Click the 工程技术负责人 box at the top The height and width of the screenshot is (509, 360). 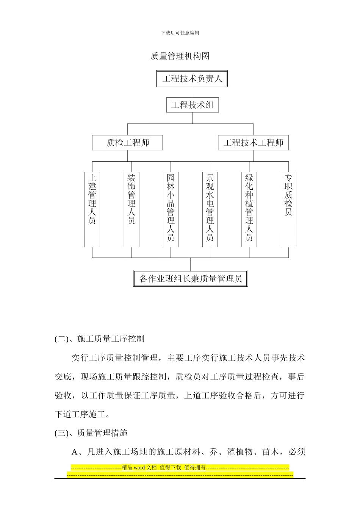(192, 79)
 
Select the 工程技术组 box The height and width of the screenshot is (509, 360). (192, 105)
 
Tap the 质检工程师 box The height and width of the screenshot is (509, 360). (127, 143)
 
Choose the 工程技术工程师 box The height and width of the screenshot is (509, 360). (253, 143)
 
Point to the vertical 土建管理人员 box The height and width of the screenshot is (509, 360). (92, 209)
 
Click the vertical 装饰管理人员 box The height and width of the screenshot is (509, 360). (131, 209)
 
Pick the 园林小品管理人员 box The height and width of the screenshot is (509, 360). (171, 209)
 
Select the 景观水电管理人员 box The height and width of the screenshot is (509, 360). (210, 209)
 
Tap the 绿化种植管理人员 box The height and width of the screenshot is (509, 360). (249, 209)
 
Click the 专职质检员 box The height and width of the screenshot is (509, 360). (288, 209)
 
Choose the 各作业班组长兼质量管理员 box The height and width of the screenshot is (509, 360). (191, 279)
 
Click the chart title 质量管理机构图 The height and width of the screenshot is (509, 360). (180, 56)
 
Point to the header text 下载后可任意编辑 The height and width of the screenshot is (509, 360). (180, 33)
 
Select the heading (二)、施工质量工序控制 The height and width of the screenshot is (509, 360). (99, 339)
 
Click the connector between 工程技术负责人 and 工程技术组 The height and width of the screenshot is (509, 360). (192, 92)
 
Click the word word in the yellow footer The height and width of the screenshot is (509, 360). (139, 468)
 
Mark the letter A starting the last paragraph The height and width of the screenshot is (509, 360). (74, 452)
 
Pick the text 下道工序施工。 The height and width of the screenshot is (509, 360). (83, 414)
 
